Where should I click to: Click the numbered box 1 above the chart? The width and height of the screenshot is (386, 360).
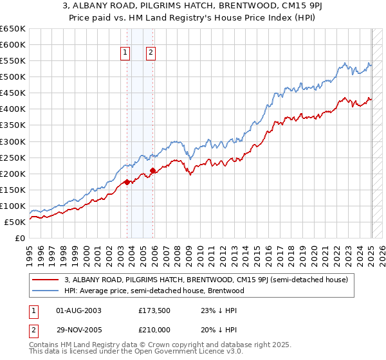125,53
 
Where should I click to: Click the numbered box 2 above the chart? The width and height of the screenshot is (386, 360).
150,53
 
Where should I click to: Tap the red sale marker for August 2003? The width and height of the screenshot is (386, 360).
127,182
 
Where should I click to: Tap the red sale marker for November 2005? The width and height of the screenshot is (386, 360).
152,170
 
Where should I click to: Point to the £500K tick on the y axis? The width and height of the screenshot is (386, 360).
13,77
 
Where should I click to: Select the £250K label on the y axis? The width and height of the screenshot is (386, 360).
13,157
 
